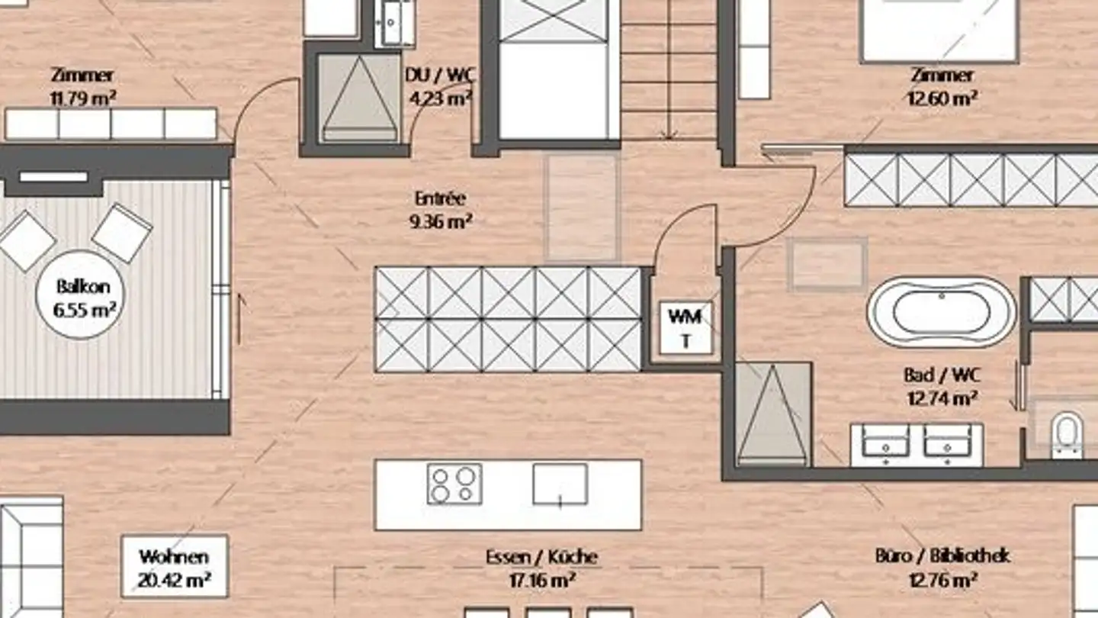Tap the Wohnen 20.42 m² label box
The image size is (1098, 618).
175,566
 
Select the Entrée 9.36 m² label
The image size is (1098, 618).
440,210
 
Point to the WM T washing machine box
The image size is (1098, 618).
685,327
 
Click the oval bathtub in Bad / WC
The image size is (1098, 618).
942,313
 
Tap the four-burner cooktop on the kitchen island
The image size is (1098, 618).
454,484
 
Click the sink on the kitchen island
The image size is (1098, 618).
560,484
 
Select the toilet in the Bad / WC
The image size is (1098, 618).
1068,435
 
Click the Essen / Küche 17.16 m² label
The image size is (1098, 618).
542,569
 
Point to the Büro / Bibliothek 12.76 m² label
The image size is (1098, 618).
943,568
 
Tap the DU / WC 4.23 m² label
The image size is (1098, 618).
440,87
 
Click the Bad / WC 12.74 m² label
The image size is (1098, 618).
942,387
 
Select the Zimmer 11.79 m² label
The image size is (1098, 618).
83,87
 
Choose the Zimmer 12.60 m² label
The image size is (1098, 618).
942,87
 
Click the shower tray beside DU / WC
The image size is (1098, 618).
359,98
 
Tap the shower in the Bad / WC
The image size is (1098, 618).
772,414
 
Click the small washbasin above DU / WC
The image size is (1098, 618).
395,23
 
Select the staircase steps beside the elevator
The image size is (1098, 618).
669,71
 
